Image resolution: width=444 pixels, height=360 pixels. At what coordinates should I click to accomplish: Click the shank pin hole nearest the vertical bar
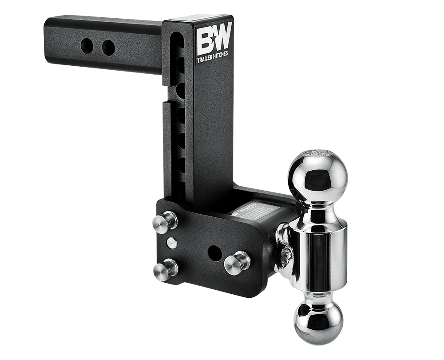108,48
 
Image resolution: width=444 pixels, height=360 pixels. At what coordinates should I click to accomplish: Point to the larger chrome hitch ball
317,176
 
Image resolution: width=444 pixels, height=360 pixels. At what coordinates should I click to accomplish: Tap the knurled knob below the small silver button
166,269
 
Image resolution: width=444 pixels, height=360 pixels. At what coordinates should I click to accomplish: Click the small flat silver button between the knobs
171,243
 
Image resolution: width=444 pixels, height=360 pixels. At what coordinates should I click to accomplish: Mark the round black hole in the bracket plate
215,252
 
